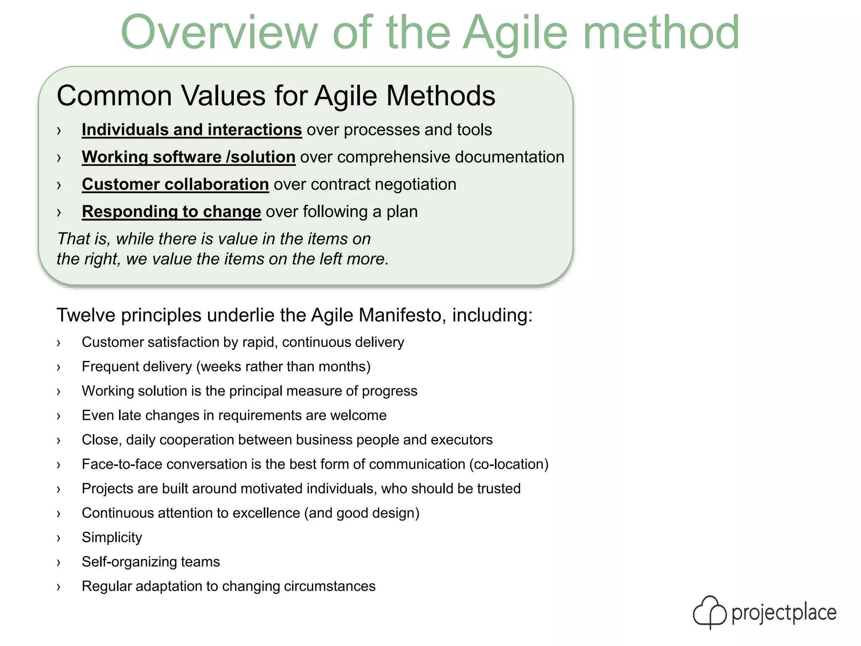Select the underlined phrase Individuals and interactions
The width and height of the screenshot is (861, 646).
coord(192,130)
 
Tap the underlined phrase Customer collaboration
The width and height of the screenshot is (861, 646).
coord(175,184)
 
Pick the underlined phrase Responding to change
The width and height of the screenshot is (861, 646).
coord(172,212)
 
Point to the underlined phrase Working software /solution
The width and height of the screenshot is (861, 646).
coord(188,157)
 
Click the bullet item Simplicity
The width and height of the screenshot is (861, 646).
coord(112,537)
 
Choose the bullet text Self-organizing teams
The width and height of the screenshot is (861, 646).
coord(151,562)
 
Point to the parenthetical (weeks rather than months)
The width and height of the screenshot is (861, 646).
coord(283,367)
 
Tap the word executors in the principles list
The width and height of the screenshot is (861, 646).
coord(462,440)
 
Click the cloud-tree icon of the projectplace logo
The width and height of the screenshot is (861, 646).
coord(710,612)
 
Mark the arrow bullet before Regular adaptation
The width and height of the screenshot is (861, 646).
coord(58,587)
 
